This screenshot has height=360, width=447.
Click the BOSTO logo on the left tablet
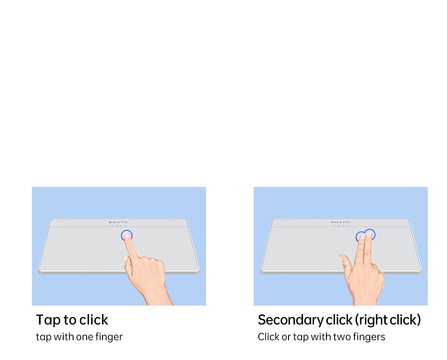point(118,222)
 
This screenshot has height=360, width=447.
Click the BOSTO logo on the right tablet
point(340,222)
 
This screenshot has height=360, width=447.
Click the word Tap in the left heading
point(48,320)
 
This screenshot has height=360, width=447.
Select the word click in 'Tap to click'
point(93,319)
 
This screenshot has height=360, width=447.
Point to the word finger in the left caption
point(109,337)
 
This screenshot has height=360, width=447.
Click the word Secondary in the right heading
point(290,320)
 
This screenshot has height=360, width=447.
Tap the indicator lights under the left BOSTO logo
point(118,225)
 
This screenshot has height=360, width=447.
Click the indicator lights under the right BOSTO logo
point(340,225)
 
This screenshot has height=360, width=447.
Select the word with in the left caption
point(64,337)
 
